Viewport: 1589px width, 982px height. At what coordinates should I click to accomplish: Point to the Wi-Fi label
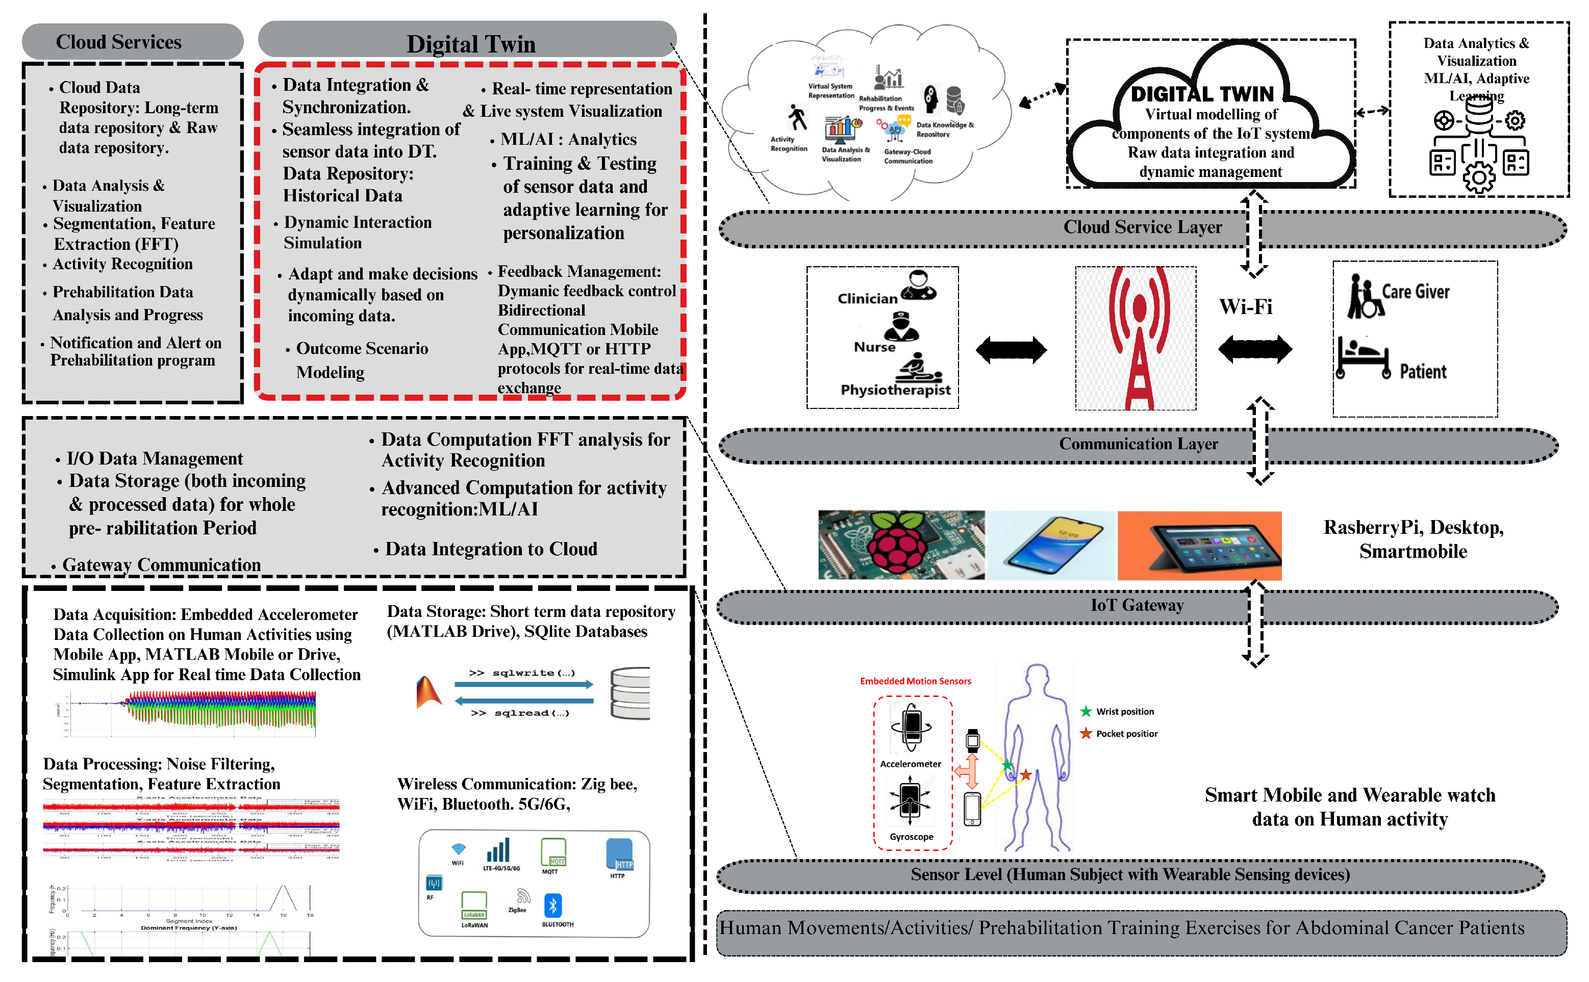(x=1245, y=306)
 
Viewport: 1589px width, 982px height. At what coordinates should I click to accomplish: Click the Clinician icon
(x=918, y=285)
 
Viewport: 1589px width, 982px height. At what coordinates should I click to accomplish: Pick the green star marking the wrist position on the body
(x=1007, y=765)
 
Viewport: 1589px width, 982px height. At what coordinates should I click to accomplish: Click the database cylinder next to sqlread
(x=629, y=693)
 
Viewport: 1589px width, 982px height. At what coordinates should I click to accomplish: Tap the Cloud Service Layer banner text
(x=1142, y=227)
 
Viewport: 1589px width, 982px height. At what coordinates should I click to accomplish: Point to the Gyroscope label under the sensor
(x=911, y=837)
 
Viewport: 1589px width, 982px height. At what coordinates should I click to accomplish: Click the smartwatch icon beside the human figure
(x=972, y=740)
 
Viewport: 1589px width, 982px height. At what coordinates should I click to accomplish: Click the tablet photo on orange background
(x=1199, y=545)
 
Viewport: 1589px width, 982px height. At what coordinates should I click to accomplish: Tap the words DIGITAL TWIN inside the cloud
(x=1201, y=94)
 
